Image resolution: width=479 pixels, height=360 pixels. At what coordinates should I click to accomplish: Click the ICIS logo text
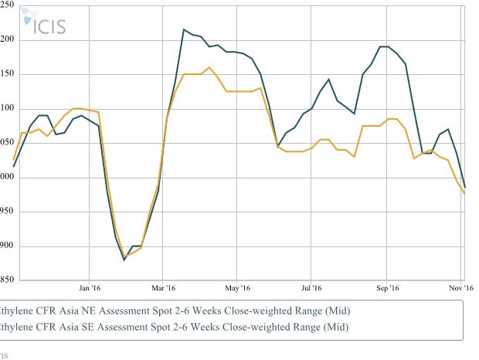coord(49,25)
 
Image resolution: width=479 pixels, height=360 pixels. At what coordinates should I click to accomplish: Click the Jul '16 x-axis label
coord(311,288)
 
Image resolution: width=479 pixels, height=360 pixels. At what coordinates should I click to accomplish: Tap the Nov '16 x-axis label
coord(461,288)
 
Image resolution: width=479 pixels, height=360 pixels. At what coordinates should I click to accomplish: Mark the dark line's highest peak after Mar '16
coord(184,30)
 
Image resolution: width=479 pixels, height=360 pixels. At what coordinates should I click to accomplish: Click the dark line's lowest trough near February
coord(124,260)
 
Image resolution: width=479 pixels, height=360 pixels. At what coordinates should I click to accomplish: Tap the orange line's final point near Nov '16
coord(464,194)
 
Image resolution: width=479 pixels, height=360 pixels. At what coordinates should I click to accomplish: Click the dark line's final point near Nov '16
coord(464,186)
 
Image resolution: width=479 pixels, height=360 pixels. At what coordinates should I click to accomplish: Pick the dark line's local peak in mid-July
coord(329,79)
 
